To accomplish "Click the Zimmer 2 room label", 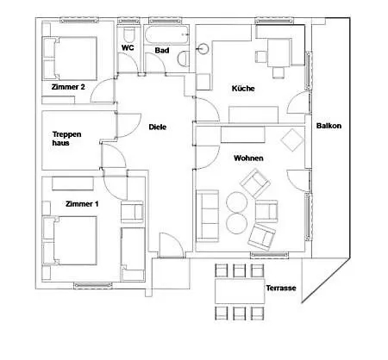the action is (x=68, y=87).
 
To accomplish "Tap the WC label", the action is (x=128, y=47).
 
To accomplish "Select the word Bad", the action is (x=162, y=50).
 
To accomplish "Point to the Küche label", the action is (x=243, y=88).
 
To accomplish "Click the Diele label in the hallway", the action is (x=158, y=127).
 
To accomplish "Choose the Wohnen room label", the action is (x=248, y=158).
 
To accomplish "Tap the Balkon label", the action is (x=329, y=126).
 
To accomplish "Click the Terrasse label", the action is (x=281, y=288).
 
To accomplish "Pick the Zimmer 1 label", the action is (x=82, y=204).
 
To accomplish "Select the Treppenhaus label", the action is (x=66, y=139).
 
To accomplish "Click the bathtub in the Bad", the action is (x=166, y=34).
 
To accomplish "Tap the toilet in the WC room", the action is (x=128, y=34).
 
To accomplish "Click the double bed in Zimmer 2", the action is (x=69, y=59).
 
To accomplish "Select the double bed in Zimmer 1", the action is (x=69, y=240).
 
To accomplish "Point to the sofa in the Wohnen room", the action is (x=207, y=216).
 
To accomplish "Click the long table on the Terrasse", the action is (x=240, y=291).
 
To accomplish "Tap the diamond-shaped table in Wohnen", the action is (x=292, y=140).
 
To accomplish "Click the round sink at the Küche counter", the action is (x=203, y=48).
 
